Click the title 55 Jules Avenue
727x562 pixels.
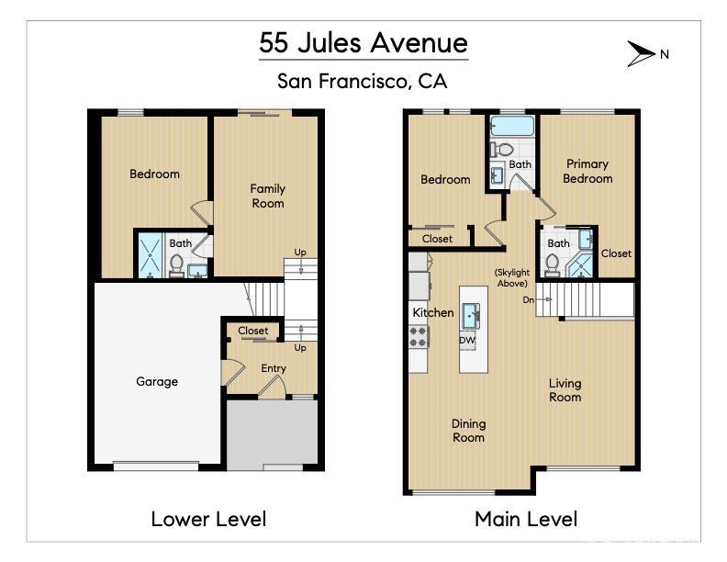point(363,43)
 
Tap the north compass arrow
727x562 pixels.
point(640,54)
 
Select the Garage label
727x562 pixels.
point(157,381)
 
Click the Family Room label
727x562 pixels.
point(268,196)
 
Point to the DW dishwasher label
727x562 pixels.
point(467,340)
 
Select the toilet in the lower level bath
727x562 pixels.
point(176,264)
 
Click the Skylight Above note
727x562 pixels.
point(510,277)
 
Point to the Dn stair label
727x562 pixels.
point(529,298)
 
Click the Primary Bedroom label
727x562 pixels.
point(587,171)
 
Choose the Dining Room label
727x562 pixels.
point(468,431)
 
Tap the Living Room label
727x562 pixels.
point(565,390)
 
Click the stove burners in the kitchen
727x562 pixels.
point(419,337)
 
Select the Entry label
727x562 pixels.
point(274,368)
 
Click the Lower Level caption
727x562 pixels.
point(208,519)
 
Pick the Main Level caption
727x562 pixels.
point(526,519)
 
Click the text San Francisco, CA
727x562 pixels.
point(363,81)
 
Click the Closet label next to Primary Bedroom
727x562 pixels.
point(616,253)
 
